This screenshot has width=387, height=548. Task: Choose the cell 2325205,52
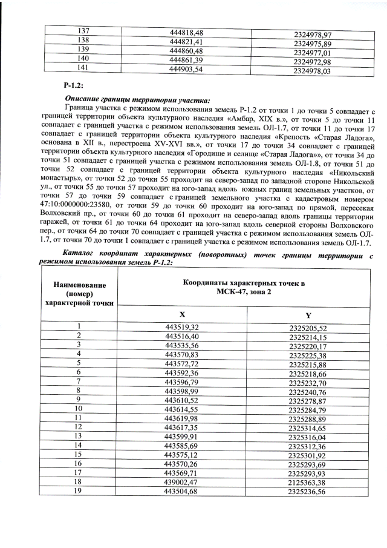pos(308,328)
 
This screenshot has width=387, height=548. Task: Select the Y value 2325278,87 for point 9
pos(308,400)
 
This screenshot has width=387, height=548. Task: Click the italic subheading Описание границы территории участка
pos(138,100)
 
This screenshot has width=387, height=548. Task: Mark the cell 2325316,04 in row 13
pos(308,437)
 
